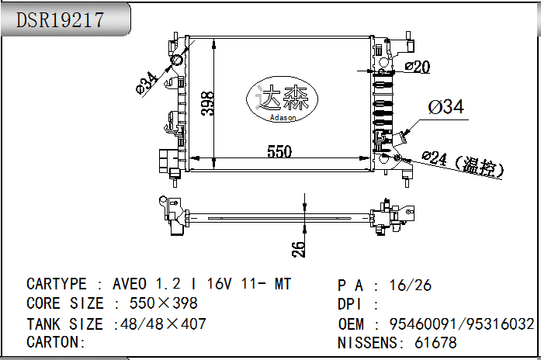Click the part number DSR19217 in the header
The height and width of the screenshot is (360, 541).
[x=60, y=21]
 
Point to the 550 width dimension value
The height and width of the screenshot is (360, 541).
[x=279, y=152]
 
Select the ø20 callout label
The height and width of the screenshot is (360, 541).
[x=417, y=67]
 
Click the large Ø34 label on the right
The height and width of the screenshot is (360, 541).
[x=446, y=107]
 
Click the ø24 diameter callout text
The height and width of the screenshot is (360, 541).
[x=435, y=158]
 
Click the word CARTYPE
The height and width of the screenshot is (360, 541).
[x=57, y=284]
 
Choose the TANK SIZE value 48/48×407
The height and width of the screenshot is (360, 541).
[x=160, y=324]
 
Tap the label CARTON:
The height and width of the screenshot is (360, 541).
[x=55, y=341]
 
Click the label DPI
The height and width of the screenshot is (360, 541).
[x=352, y=304]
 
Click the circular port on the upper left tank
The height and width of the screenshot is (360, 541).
[x=176, y=61]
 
